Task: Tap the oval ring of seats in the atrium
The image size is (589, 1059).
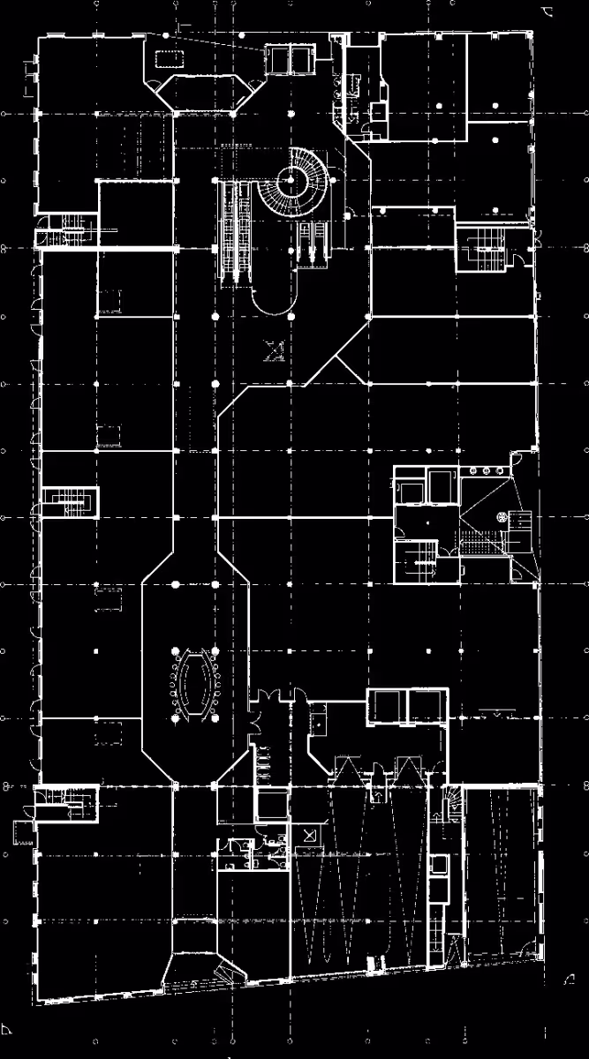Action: click(193, 683)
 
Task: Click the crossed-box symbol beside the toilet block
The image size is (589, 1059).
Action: click(308, 835)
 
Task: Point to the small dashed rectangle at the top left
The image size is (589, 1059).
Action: click(168, 59)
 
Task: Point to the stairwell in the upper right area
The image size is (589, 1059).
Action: click(481, 242)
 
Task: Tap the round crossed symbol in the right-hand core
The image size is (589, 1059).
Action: click(502, 518)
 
